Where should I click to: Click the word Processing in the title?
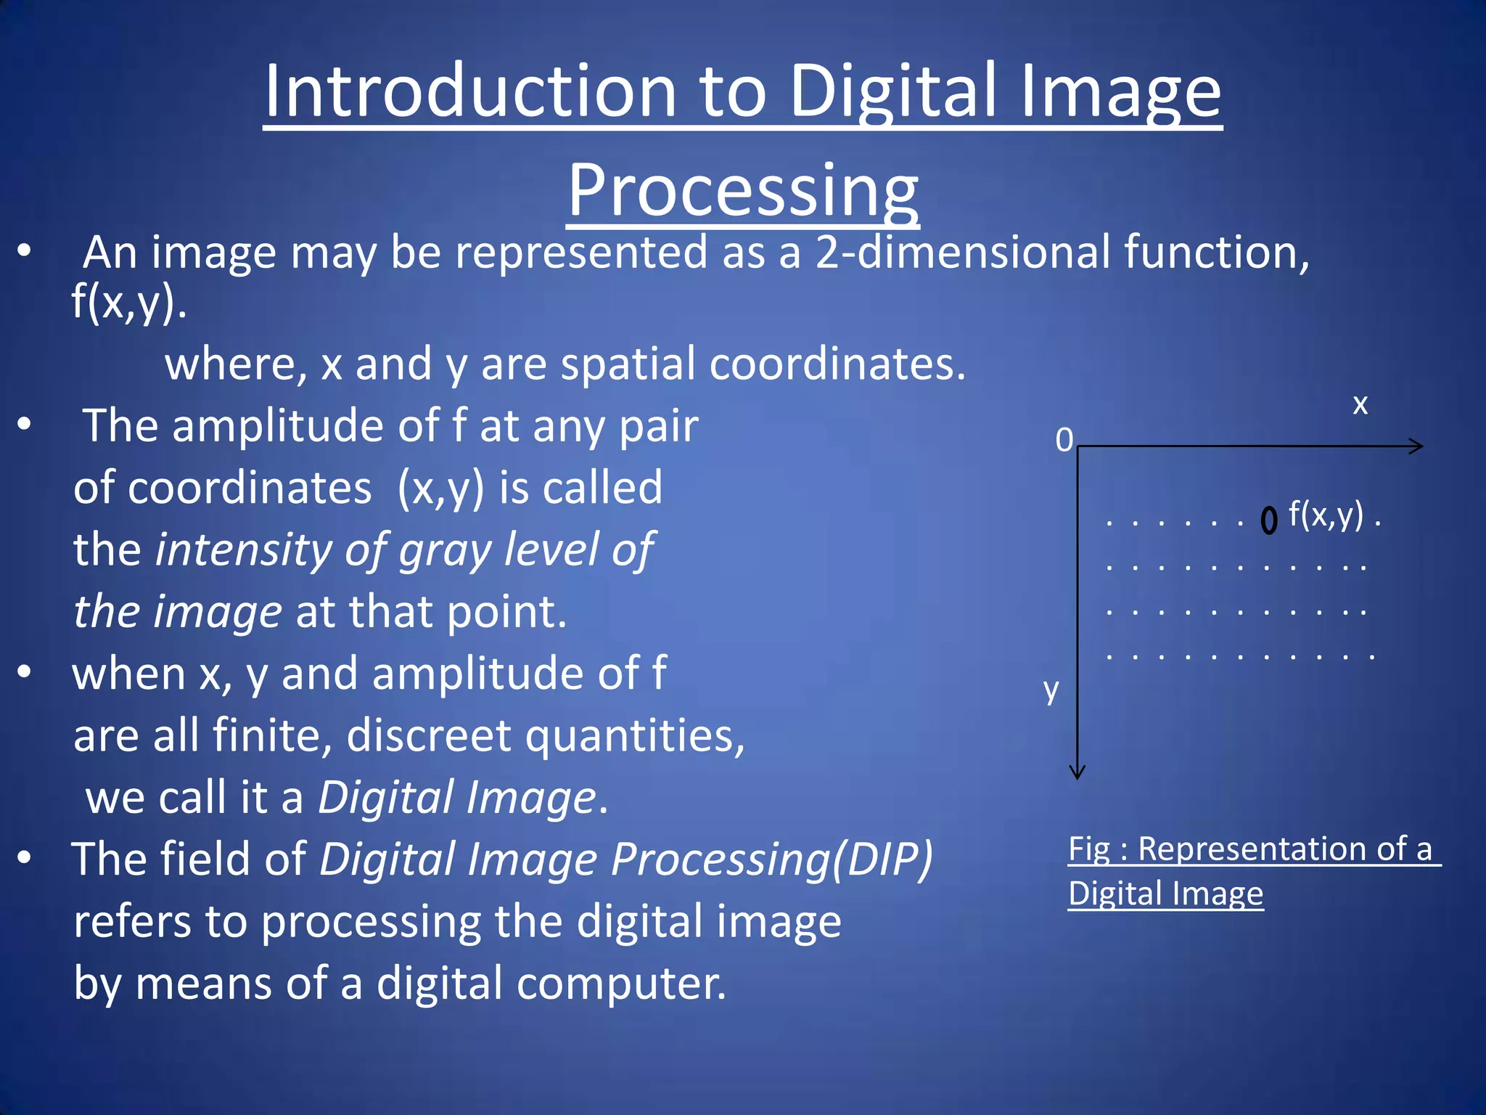coord(742,190)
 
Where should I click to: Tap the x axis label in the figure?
coord(1360,404)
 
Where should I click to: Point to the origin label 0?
coord(1064,440)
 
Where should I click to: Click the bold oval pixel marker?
coord(1268,520)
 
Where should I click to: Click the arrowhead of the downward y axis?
coord(1077,772)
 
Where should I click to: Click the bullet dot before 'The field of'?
coord(25,858)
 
